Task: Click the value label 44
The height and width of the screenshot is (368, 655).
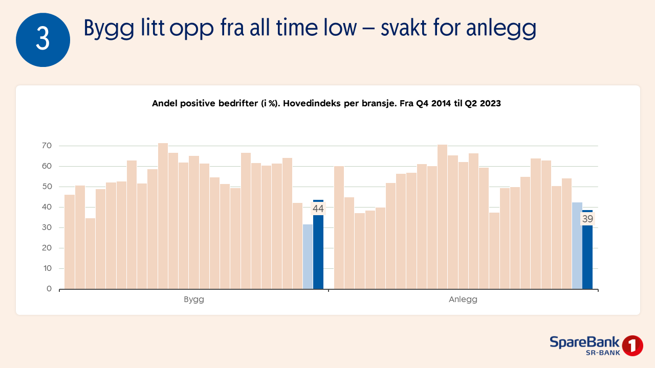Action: coord(318,209)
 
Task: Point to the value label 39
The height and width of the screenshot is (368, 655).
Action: coord(587,219)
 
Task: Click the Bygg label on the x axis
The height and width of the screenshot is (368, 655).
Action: coord(194,300)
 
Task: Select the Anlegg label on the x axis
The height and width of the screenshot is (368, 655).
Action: coord(463,300)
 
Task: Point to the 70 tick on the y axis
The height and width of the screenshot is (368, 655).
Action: coord(47,146)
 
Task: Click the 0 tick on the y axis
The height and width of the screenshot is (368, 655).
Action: coord(49,289)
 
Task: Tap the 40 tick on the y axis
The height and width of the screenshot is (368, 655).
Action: coord(47,207)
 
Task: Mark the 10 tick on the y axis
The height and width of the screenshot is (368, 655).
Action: coord(47,268)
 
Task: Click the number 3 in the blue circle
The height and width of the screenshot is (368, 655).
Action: coord(43,40)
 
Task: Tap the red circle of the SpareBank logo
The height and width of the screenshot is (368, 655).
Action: coord(632,346)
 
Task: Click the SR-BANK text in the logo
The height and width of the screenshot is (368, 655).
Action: coord(603,353)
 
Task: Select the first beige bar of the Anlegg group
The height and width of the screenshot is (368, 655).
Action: coord(339,227)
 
